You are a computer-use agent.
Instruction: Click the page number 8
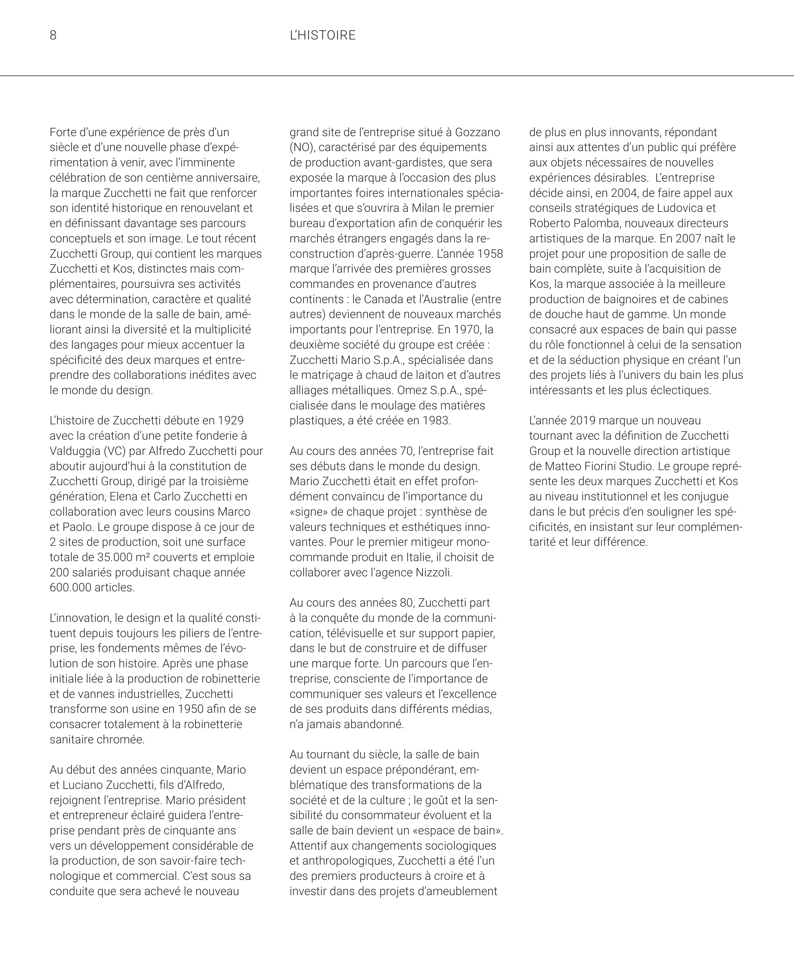coord(53,35)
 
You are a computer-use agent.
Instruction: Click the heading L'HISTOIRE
coord(323,35)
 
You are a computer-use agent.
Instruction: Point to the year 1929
coord(231,421)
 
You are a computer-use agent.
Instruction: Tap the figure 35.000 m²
coord(121,557)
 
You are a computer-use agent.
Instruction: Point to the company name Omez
coord(411,390)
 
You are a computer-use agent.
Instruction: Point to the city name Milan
coord(427,208)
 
